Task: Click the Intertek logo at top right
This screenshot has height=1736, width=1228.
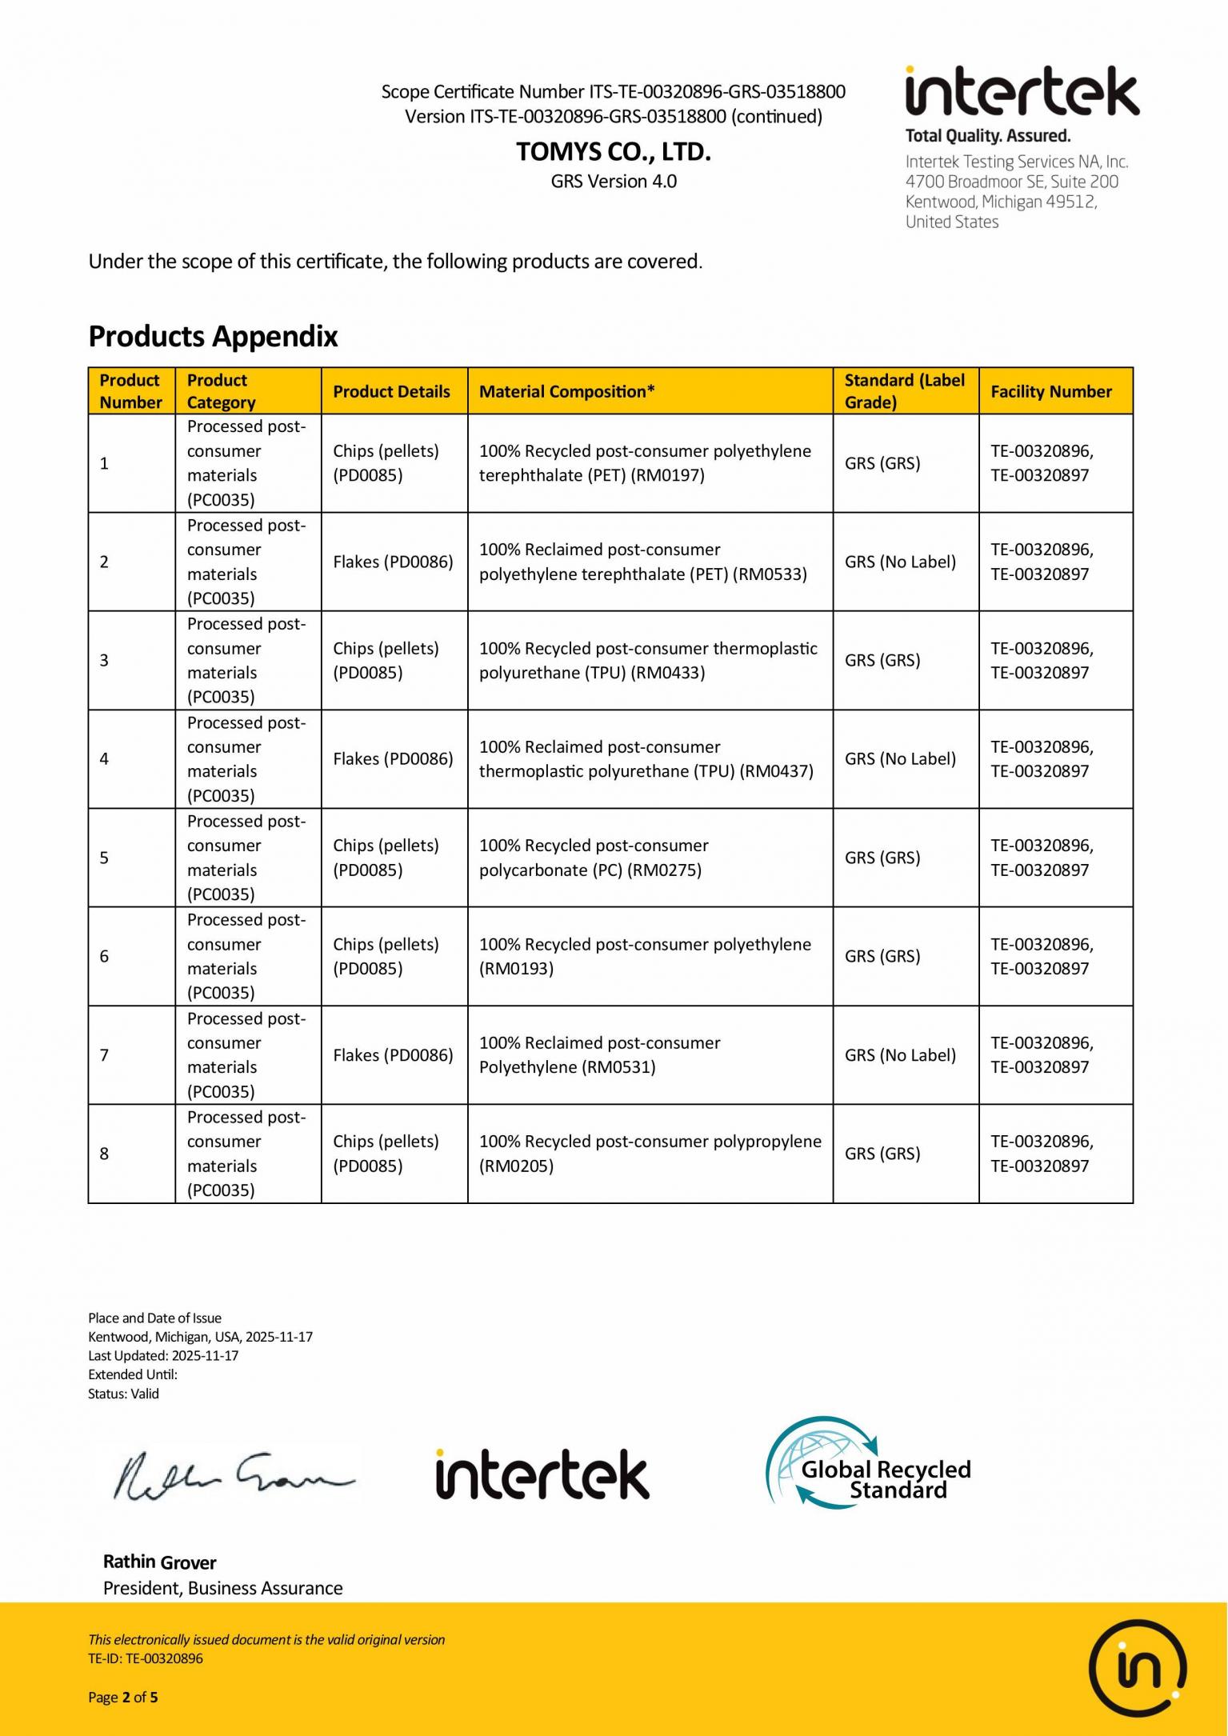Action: tap(1022, 92)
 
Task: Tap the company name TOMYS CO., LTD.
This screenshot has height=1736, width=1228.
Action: tap(614, 151)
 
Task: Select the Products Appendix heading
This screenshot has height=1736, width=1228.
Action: tap(213, 336)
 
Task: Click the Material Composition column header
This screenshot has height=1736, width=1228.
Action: tap(566, 391)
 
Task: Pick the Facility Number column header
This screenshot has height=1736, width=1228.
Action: tap(1050, 391)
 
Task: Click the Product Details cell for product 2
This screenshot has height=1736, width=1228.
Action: tap(393, 562)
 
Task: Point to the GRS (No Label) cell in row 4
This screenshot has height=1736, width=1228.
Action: tap(900, 758)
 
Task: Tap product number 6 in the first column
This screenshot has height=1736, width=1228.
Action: tap(104, 956)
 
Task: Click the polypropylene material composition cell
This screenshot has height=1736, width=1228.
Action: tap(650, 1153)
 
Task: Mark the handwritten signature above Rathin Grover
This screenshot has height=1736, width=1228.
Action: tap(232, 1476)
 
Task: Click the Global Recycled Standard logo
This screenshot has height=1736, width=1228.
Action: tap(868, 1463)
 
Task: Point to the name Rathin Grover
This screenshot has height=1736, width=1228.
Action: tap(160, 1562)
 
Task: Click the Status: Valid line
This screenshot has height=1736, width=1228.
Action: tap(123, 1393)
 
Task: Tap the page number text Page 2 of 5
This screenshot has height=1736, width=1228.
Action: tap(123, 1697)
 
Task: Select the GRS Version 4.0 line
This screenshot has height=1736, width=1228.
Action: tap(614, 182)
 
